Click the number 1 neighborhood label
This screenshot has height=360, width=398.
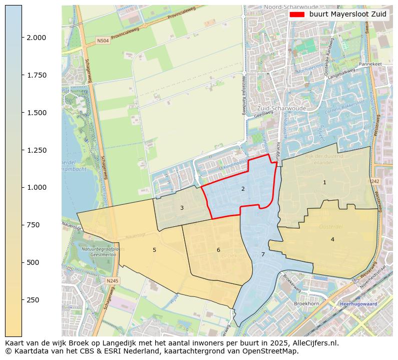click(x=324, y=183)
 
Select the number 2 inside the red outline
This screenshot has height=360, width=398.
click(x=243, y=189)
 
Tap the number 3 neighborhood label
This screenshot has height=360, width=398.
click(x=182, y=208)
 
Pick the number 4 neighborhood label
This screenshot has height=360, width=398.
click(x=332, y=240)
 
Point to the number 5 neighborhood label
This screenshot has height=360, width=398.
click(x=154, y=250)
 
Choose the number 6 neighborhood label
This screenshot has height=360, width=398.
click(x=218, y=250)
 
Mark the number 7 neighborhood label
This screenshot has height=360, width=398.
click(x=263, y=255)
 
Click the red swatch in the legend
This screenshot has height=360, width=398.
click(x=297, y=15)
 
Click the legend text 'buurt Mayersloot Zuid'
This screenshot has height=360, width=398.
click(x=347, y=15)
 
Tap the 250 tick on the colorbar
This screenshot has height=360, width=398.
click(x=34, y=300)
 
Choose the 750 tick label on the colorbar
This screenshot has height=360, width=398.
click(x=34, y=225)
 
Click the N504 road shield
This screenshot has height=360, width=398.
click(x=103, y=41)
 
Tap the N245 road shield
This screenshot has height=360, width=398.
click(x=113, y=281)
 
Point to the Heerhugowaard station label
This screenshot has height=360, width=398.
click(x=358, y=304)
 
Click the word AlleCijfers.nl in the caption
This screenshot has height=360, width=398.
click(x=315, y=343)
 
